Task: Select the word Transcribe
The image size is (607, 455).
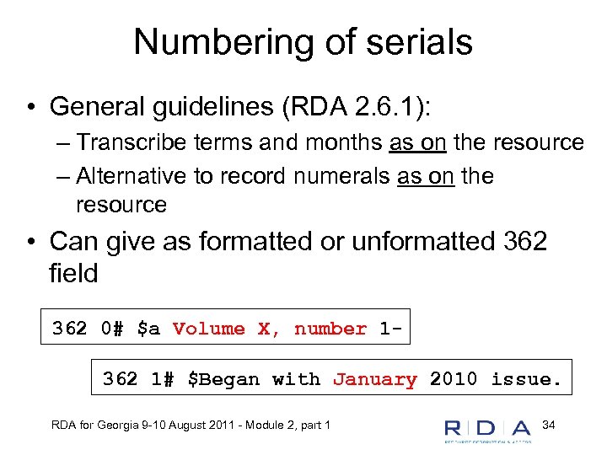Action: point(133,143)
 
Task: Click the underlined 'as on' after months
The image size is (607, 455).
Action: point(418,143)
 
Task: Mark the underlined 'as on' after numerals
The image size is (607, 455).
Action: point(426,177)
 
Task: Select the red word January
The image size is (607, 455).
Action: point(375,380)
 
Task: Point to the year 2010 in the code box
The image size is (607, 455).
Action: point(454,380)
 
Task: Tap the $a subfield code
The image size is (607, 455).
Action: point(148,329)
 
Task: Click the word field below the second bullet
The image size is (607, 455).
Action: point(74,274)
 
